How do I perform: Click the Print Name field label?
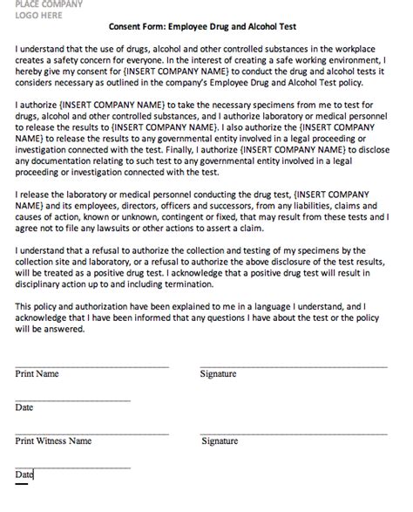point(37,373)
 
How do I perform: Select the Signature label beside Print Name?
point(219,373)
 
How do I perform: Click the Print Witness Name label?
point(53,441)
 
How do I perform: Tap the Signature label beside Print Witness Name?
point(220,441)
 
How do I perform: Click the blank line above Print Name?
point(91,365)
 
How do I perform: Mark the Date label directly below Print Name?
point(24,407)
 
